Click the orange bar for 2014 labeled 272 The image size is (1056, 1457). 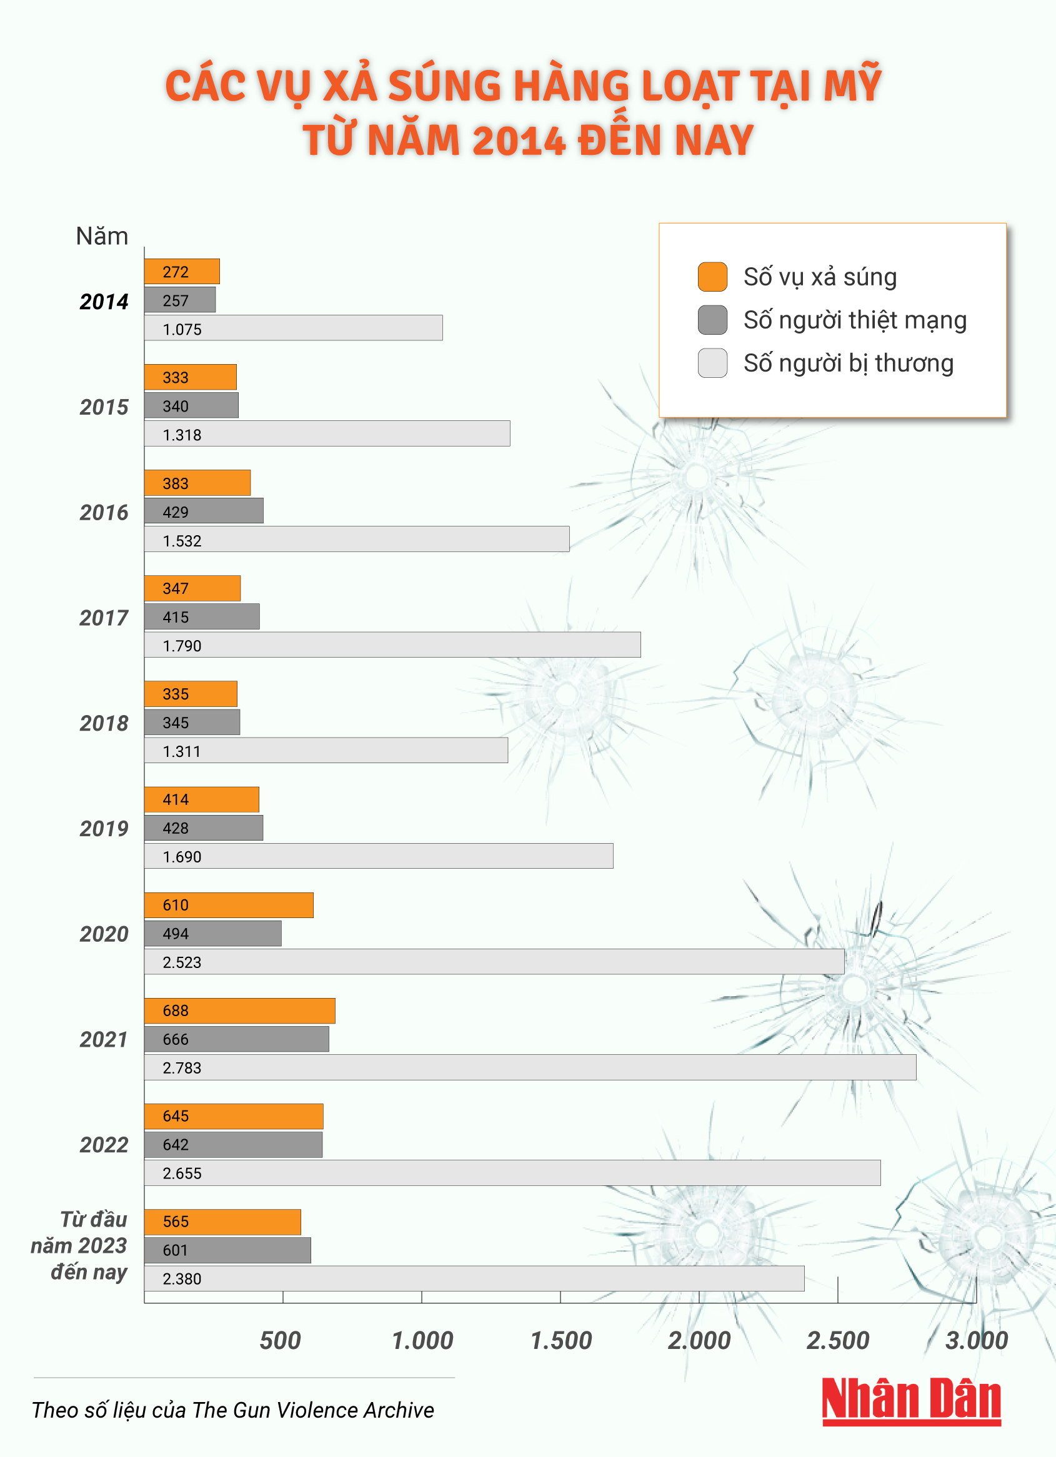(182, 271)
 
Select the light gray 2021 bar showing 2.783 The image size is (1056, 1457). (530, 1067)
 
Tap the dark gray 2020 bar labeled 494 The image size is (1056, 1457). (212, 934)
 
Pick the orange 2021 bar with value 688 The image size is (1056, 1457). (240, 1010)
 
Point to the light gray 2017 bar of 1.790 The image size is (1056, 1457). (392, 645)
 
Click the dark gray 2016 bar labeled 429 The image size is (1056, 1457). (204, 511)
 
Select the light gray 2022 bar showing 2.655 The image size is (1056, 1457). (512, 1172)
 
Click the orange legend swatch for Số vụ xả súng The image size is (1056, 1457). (712, 277)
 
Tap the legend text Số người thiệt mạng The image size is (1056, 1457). (854, 320)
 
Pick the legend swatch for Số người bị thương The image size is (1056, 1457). (712, 363)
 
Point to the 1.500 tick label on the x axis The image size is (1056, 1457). (560, 1341)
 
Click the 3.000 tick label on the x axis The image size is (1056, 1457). (975, 1341)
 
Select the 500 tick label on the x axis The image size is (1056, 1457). (280, 1341)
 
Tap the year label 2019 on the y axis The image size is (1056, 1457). (104, 829)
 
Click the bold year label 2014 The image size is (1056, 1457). (104, 301)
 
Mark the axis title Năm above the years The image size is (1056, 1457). (102, 237)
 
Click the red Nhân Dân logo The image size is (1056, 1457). (912, 1400)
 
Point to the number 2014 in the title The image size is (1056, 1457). (519, 140)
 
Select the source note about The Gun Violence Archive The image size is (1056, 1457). (232, 1410)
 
